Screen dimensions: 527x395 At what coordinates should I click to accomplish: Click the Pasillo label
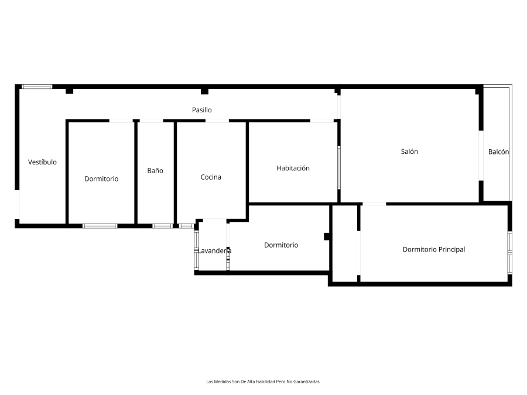click(x=201, y=110)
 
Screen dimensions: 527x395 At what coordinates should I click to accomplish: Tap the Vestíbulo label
click(x=42, y=162)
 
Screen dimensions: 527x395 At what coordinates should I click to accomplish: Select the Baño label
click(x=155, y=171)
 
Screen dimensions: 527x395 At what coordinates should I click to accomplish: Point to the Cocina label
click(x=211, y=177)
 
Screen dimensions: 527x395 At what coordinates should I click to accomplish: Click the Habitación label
click(x=293, y=168)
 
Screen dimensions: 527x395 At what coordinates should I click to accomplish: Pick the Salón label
click(x=409, y=152)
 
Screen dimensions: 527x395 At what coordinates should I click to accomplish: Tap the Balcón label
click(x=498, y=152)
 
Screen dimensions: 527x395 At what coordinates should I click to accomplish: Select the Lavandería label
click(x=214, y=250)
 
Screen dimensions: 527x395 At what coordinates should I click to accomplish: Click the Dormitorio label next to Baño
click(x=101, y=178)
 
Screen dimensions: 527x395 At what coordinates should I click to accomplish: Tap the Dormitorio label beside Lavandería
click(x=281, y=245)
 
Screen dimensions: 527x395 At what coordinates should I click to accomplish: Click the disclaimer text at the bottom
click(x=263, y=382)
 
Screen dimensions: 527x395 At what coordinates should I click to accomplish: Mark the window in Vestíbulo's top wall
click(x=37, y=87)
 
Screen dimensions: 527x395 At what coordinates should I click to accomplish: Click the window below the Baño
click(x=163, y=226)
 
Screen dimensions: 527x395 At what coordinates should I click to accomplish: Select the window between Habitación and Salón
click(x=339, y=167)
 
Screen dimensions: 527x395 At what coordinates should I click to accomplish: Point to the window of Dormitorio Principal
click(x=509, y=252)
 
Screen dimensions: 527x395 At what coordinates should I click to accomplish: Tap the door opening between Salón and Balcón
click(x=481, y=156)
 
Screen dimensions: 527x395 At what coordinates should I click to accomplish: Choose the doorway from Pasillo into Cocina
click(x=217, y=121)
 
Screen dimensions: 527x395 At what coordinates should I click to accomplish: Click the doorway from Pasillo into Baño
click(x=151, y=121)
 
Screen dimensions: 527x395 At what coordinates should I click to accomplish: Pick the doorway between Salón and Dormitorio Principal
click(x=374, y=204)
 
